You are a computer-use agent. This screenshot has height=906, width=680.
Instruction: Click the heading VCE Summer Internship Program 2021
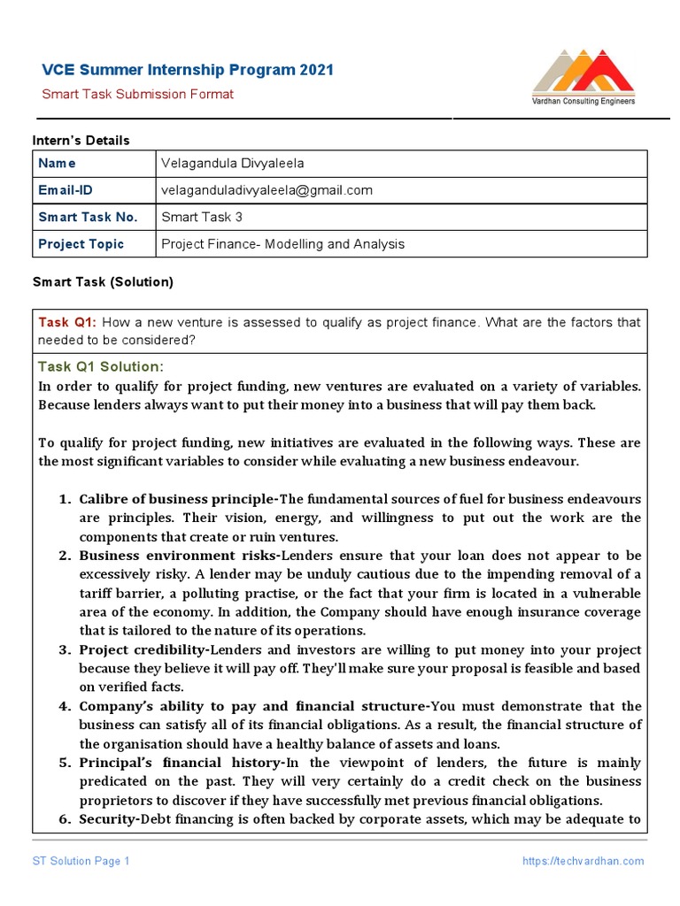tap(189, 71)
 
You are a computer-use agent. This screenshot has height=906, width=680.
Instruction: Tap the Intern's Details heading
tap(81, 141)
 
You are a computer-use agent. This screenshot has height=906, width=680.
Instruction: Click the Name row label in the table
tap(57, 164)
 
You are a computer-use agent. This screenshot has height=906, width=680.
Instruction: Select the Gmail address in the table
tap(267, 190)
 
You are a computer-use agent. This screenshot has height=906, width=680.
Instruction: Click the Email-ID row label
tap(65, 190)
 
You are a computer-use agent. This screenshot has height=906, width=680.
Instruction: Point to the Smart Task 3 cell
tap(202, 217)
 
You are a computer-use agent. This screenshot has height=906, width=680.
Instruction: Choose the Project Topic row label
tap(81, 244)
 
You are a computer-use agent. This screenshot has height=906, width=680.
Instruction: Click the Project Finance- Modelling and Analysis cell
tap(282, 244)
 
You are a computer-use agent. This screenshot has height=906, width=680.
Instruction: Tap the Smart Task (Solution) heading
tap(103, 282)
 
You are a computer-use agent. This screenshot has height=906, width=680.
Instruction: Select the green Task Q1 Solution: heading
tap(101, 367)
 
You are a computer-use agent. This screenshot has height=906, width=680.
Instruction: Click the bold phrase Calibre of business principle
tap(177, 499)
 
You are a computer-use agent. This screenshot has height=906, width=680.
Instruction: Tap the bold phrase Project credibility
tap(144, 650)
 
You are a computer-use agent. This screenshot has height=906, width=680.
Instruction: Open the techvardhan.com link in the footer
tap(583, 861)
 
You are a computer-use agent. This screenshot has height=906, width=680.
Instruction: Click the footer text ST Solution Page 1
tap(81, 861)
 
